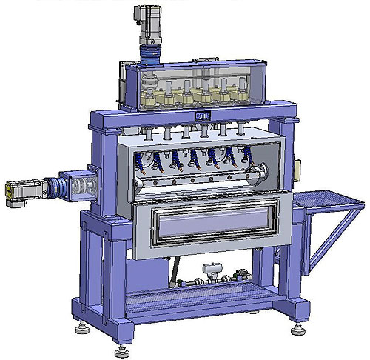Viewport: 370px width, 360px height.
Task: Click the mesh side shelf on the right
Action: [329, 199]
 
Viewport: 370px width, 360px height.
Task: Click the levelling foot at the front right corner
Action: [299, 327]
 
